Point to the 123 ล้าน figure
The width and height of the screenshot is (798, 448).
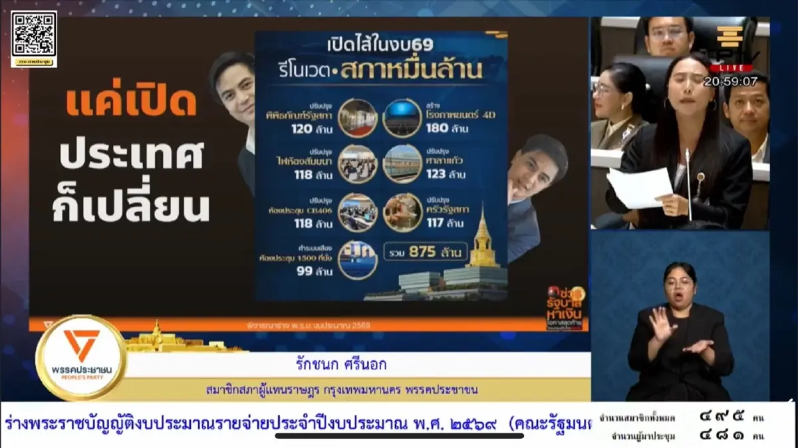[x=445, y=175]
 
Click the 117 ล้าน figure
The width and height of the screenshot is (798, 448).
[x=446, y=223]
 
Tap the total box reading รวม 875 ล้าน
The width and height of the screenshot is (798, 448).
[x=426, y=252]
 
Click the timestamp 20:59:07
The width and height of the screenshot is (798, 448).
[x=731, y=81]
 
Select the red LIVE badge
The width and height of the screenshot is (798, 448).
[x=731, y=68]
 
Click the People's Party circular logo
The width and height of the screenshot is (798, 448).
[x=82, y=357]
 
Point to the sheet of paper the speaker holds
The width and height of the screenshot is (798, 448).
[x=640, y=187]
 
